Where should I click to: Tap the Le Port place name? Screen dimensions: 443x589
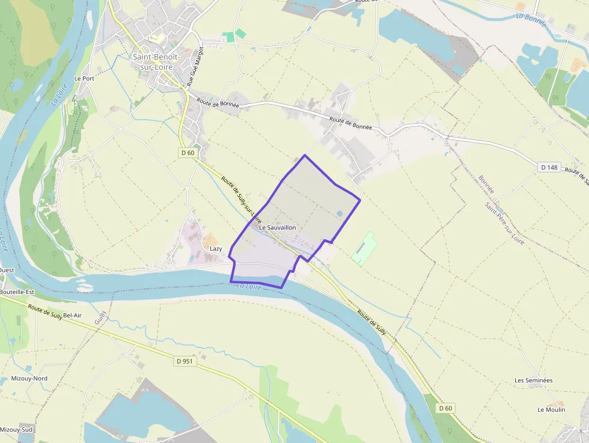coord(84,78)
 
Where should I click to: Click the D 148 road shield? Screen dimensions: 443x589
coord(549,168)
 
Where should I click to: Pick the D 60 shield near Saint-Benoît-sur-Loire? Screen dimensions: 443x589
coord(188,153)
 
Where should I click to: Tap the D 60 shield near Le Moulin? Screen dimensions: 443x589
coord(445,408)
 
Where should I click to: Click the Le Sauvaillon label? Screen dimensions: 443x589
coord(278,228)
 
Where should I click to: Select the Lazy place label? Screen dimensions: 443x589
coord(216,248)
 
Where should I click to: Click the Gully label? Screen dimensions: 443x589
coord(100,317)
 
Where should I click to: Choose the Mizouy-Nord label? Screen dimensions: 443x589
coord(29,378)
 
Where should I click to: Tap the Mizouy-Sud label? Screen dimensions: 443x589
coord(16,430)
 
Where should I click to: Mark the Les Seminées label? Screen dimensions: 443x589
coord(533,380)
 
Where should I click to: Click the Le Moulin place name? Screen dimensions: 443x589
coord(551,409)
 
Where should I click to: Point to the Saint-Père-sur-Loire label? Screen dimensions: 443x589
coord(504,223)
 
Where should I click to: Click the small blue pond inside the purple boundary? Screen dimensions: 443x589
coord(340,213)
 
